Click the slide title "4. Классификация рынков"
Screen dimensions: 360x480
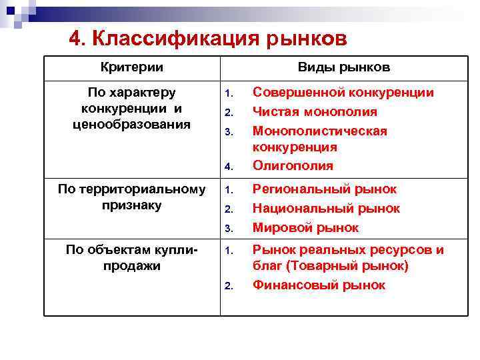[207, 39]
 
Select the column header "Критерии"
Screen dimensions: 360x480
[132, 68]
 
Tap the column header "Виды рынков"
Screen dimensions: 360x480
[344, 68]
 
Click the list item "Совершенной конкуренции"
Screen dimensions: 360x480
[343, 93]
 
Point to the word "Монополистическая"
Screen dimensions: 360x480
[320, 131]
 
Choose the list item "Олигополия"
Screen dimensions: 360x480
[293, 166]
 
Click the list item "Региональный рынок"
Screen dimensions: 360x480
[325, 189]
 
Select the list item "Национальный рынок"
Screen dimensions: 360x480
[326, 209]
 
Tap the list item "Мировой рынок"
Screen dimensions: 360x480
[305, 228]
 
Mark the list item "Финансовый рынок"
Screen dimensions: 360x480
[319, 285]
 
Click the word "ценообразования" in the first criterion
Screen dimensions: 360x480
[132, 124]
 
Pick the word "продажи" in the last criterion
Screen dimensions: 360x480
[132, 266]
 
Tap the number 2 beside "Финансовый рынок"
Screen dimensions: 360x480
[227, 287]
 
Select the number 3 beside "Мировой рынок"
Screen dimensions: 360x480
[227, 229]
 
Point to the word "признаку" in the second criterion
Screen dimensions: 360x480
[132, 205]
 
